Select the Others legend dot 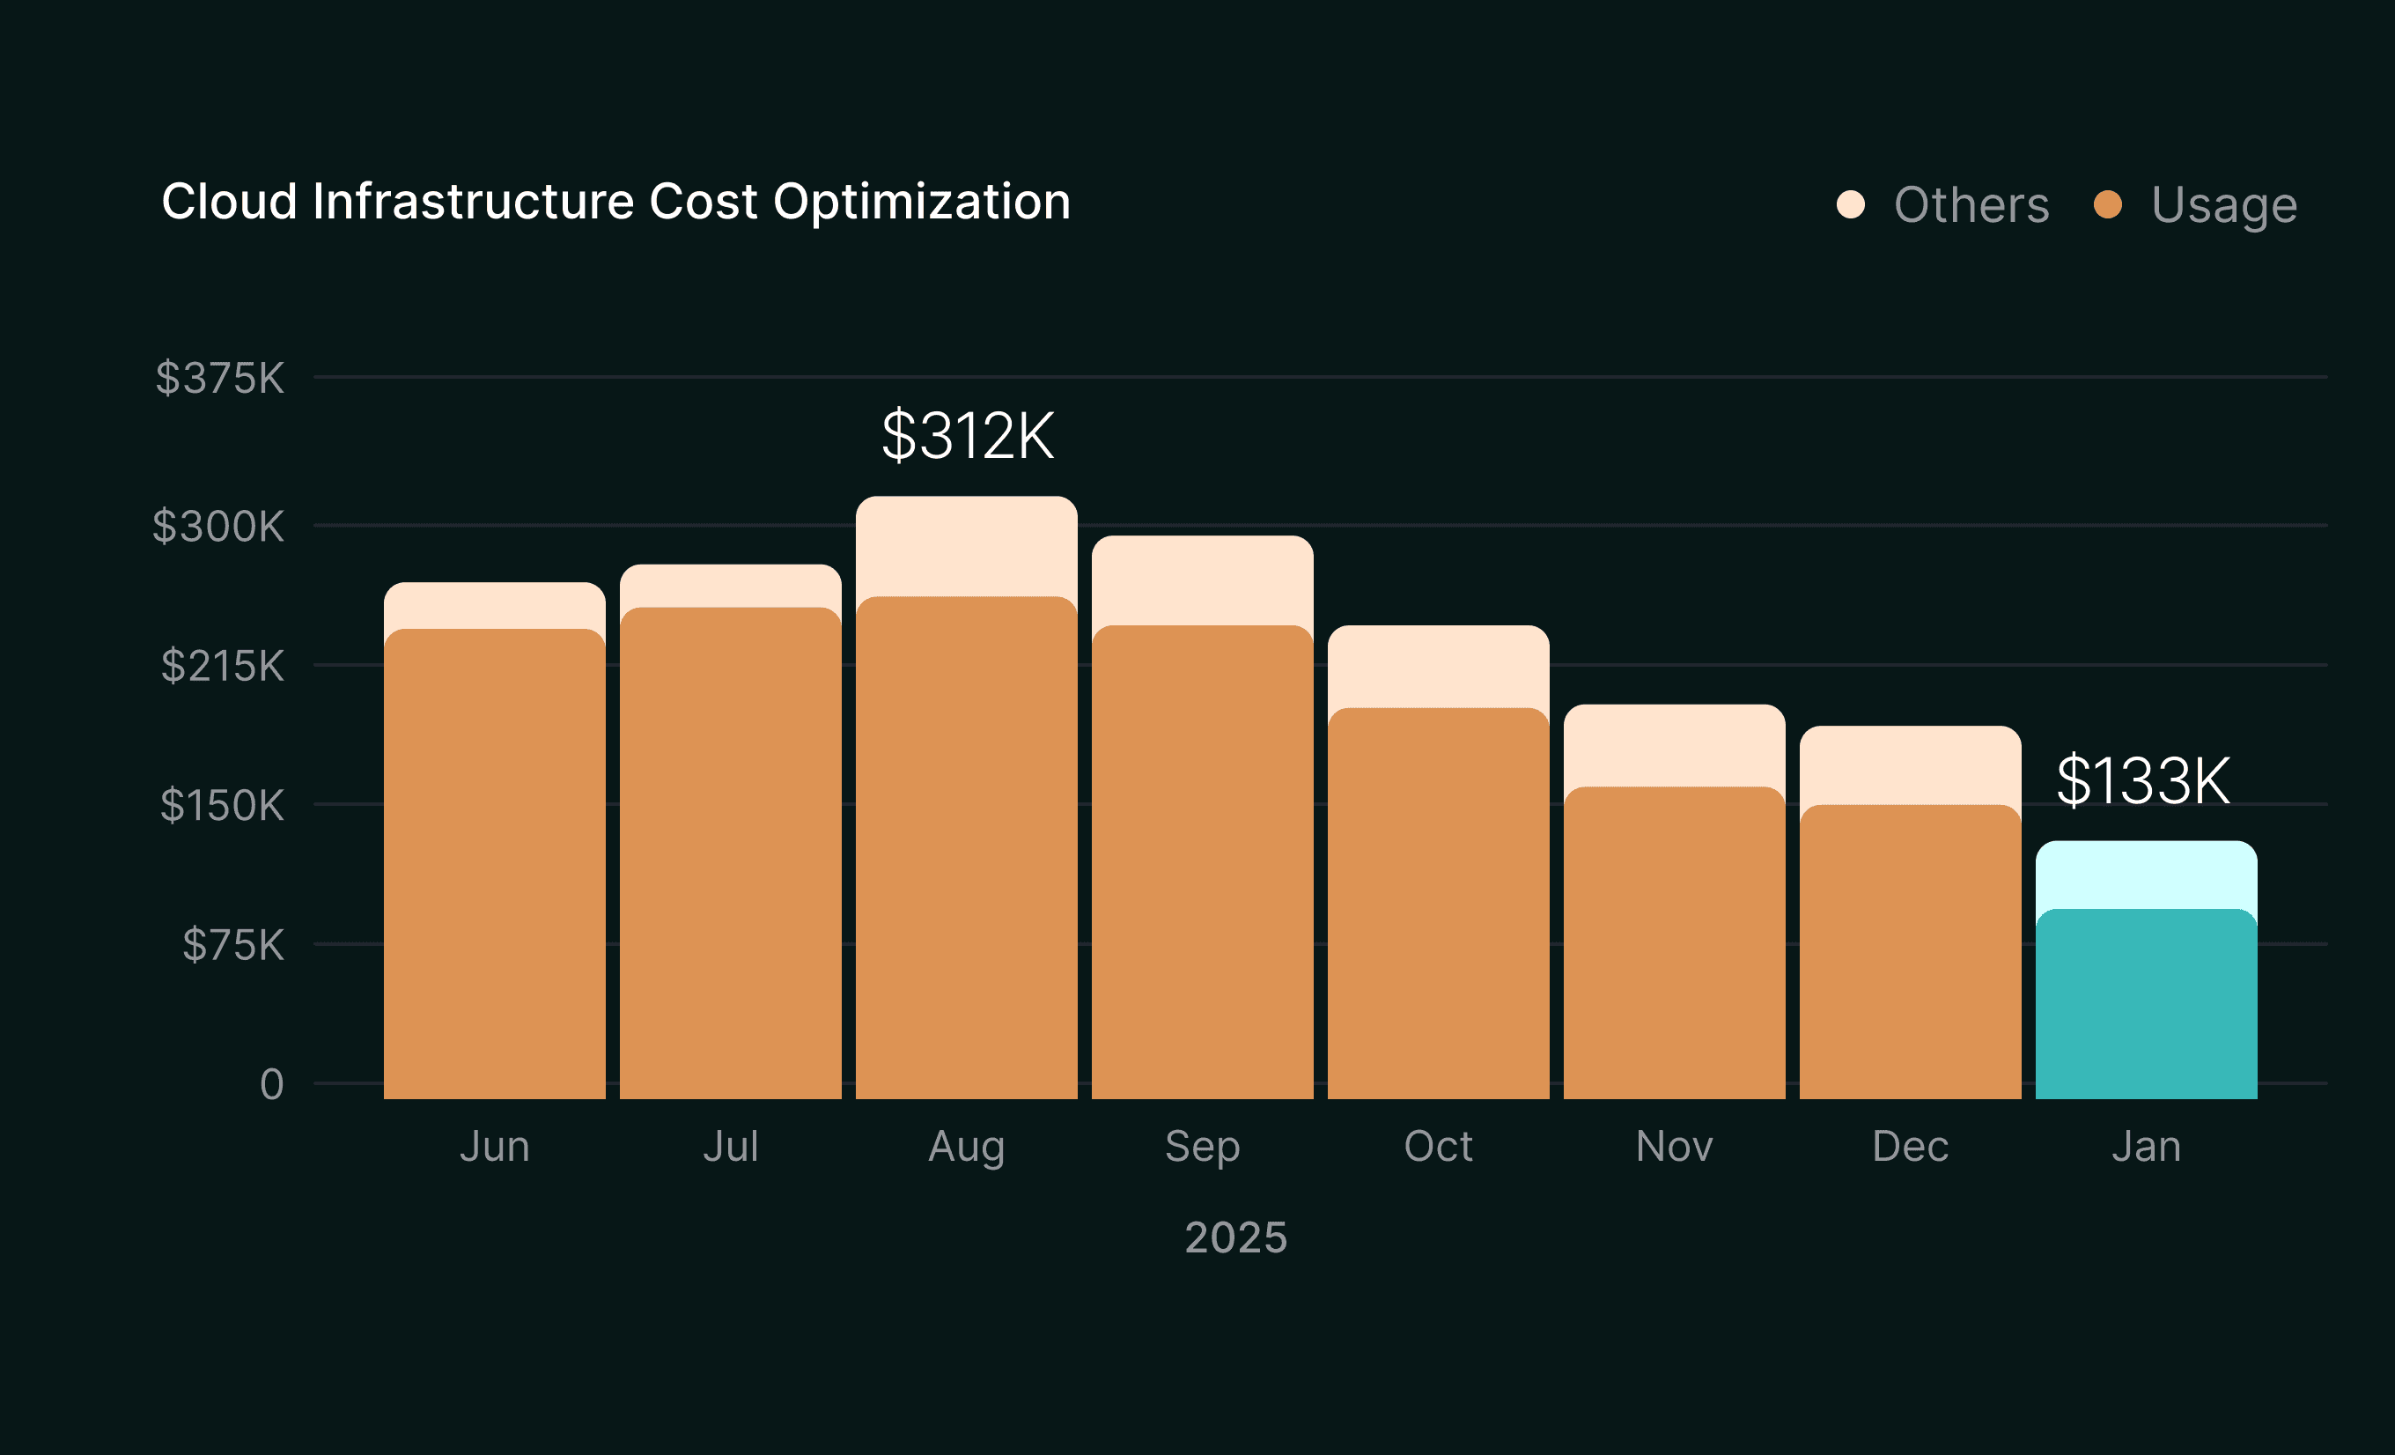(x=1851, y=204)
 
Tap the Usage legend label (x=2224, y=205)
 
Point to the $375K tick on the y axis (x=219, y=377)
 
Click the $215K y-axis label (x=223, y=666)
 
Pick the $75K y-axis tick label (x=233, y=945)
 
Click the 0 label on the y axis (x=272, y=1083)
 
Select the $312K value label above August (x=967, y=435)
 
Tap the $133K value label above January (x=2143, y=780)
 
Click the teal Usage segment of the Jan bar (x=2146, y=1006)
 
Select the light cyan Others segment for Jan (x=2146, y=875)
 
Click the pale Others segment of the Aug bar (x=966, y=546)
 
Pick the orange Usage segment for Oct (x=1439, y=904)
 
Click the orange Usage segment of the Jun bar (x=495, y=865)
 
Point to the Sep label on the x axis (x=1203, y=1146)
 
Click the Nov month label (x=1674, y=1146)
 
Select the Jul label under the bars (x=730, y=1146)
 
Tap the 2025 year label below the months (x=1235, y=1237)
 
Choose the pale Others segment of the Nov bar (x=1674, y=745)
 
